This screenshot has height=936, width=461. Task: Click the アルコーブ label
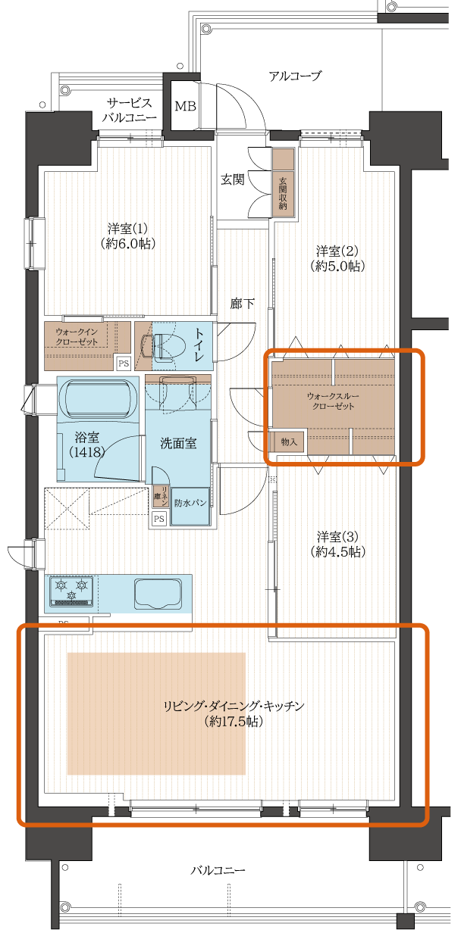pos(295,76)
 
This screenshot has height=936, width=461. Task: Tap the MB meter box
pos(185,106)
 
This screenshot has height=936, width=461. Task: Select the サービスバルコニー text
pos(130,111)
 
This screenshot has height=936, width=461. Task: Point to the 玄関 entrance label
pos(232,179)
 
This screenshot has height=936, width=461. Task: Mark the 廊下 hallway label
pos(242,304)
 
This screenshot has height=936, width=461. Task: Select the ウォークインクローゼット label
pos(80,337)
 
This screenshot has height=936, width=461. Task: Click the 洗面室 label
pos(178,443)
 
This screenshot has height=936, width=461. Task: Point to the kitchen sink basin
pos(157,591)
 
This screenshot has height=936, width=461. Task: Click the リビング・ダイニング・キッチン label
pos(234,713)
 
